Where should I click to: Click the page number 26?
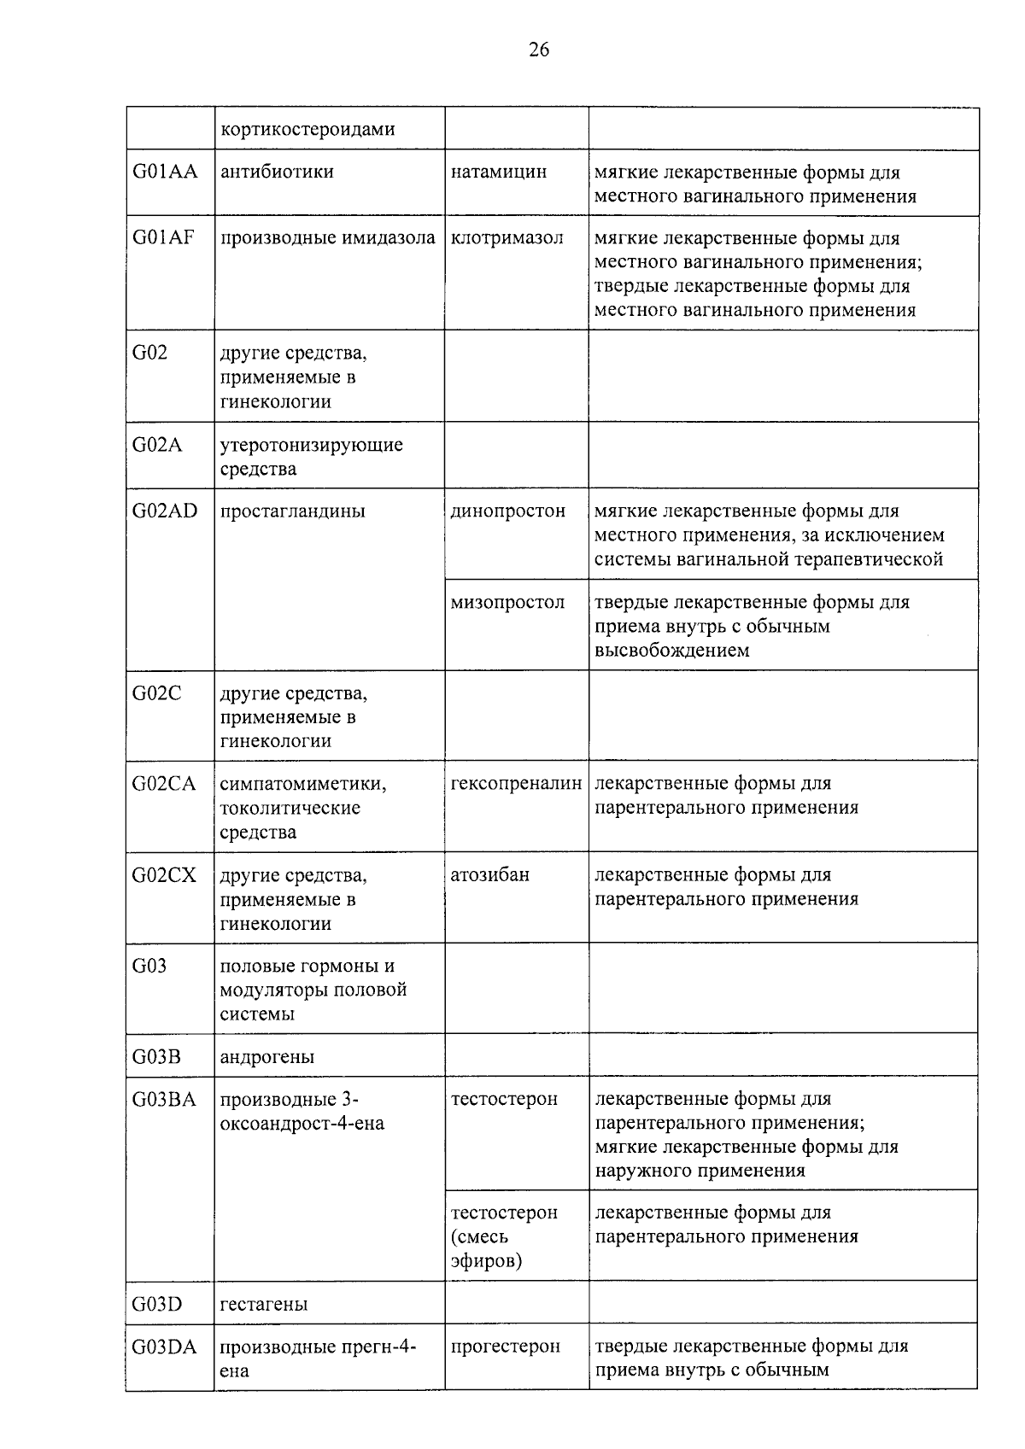[x=539, y=50]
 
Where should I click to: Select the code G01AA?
[x=165, y=172]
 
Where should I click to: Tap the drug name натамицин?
[x=499, y=172]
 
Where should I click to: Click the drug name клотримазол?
[x=507, y=237]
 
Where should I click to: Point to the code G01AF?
[x=163, y=237]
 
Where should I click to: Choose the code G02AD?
[x=165, y=511]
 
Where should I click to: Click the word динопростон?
[x=508, y=511]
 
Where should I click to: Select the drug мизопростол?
[x=508, y=602]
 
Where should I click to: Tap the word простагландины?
[x=293, y=511]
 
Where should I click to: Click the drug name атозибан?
[x=490, y=874]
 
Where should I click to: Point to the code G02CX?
[x=164, y=874]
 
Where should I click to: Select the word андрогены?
[x=267, y=1057]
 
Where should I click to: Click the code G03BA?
[x=164, y=1099]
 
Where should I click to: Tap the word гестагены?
[x=264, y=1305]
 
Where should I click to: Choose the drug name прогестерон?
[x=506, y=1347]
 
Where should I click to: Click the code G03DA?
[x=164, y=1347]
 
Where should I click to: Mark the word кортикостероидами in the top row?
[x=308, y=130]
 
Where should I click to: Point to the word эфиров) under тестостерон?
[x=487, y=1260]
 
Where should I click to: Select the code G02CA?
[x=164, y=783]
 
